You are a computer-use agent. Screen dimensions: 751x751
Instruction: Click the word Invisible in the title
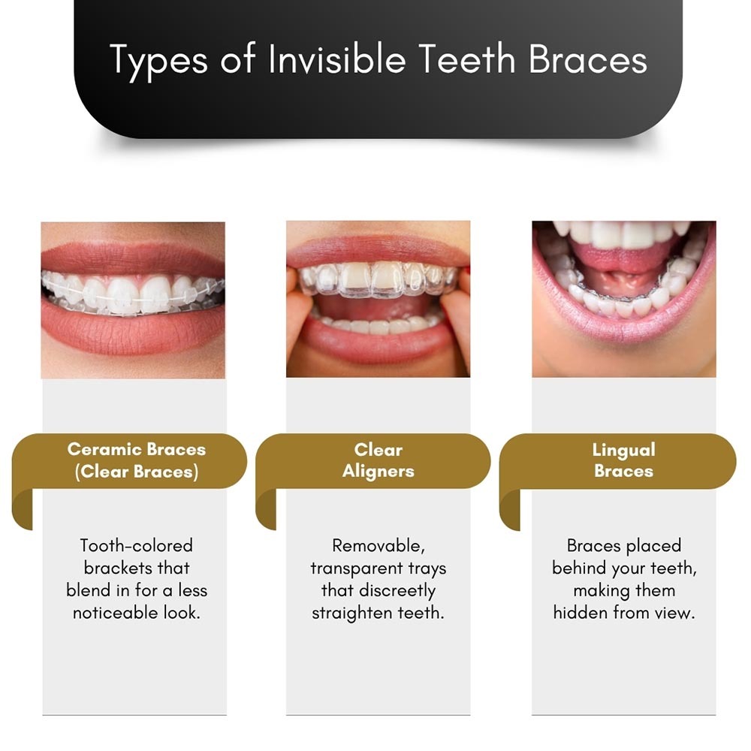coord(337,59)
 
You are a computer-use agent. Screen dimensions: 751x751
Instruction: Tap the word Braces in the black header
coord(588,59)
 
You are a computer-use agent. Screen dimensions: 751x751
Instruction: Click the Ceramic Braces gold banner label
coord(137,460)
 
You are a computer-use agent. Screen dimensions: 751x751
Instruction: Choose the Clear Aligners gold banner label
coord(379,460)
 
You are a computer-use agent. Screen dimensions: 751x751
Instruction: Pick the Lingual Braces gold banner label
coord(623,460)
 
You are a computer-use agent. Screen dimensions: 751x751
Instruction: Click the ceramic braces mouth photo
coord(133,300)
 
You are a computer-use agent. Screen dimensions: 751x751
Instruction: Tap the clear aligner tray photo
coord(378,299)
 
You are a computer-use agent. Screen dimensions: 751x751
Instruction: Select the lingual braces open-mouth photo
coord(624,299)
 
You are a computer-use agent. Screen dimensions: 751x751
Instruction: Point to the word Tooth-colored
coord(137,545)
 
